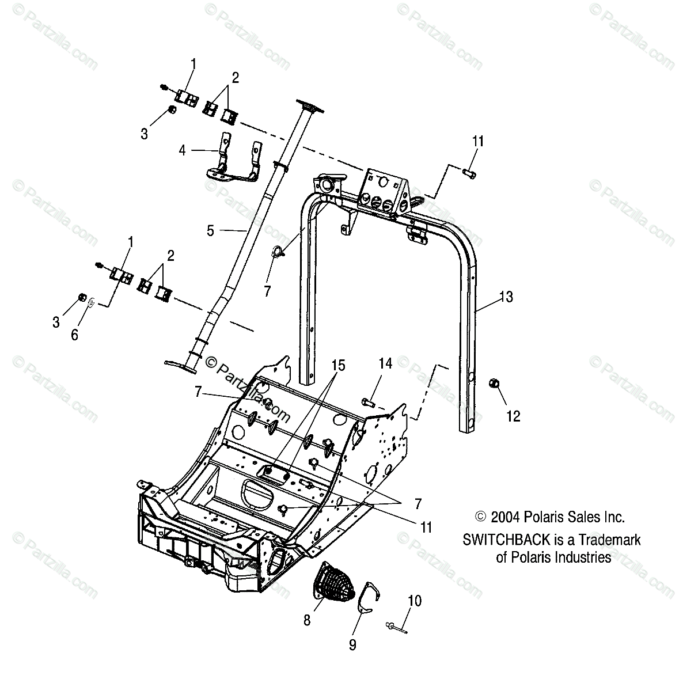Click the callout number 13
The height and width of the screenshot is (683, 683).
pyautogui.click(x=506, y=297)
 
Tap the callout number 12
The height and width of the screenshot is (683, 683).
pyautogui.click(x=513, y=416)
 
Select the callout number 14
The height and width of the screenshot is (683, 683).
pyautogui.click(x=385, y=363)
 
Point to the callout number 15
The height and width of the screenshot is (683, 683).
pyautogui.click(x=338, y=365)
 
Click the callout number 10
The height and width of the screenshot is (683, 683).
pyautogui.click(x=414, y=601)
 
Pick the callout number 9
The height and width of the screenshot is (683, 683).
pyautogui.click(x=352, y=645)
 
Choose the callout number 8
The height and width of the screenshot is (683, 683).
pyautogui.click(x=307, y=620)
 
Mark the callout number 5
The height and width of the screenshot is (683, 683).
pyautogui.click(x=210, y=231)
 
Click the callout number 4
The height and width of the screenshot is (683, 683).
pyautogui.click(x=183, y=151)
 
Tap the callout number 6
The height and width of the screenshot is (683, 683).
pyautogui.click(x=74, y=335)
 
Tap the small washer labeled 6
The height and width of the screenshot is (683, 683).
pyautogui.click(x=92, y=302)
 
